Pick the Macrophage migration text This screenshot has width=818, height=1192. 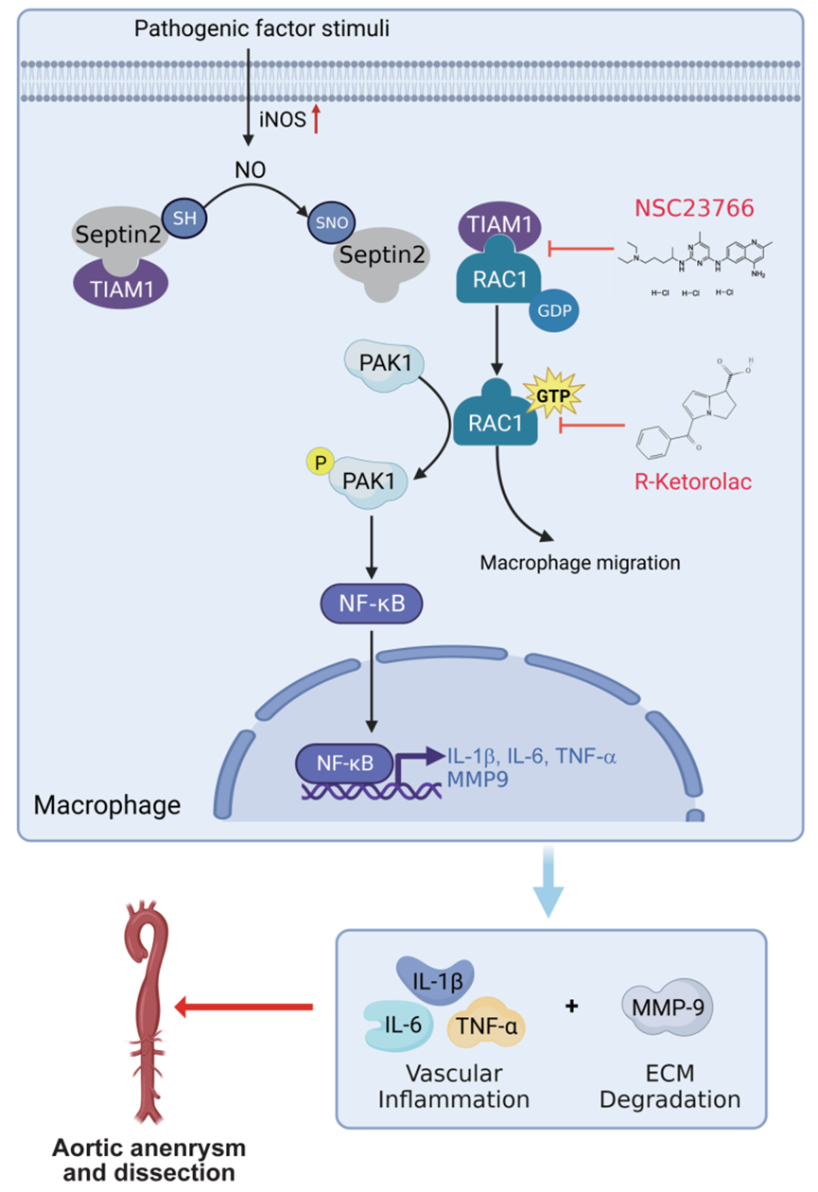(580, 563)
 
